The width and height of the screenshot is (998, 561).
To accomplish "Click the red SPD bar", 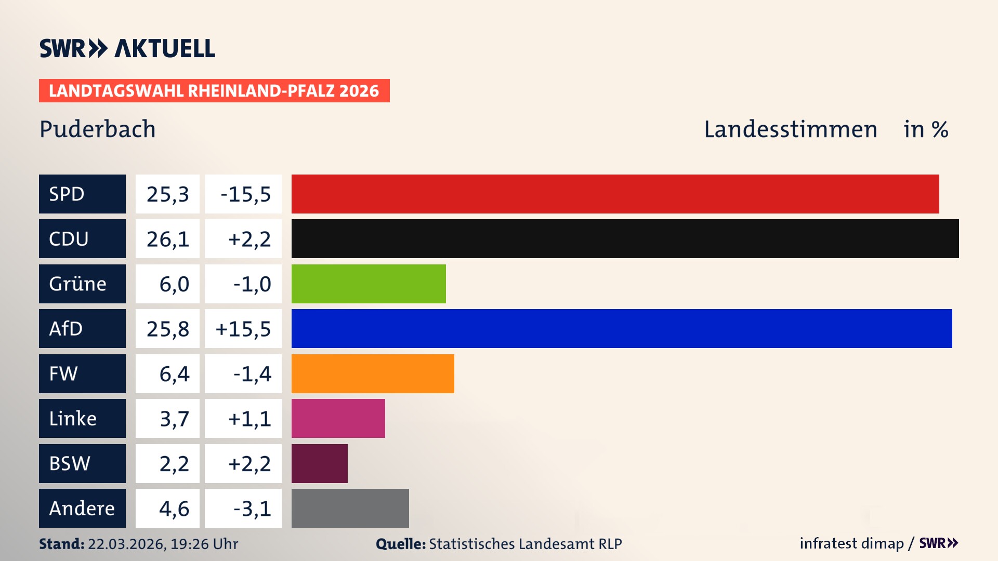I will click(x=615, y=194).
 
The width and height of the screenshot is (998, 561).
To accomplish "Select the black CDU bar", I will click(x=625, y=238).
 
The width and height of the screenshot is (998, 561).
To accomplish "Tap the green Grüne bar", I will click(x=369, y=284).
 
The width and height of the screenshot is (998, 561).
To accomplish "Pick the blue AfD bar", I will click(x=622, y=328).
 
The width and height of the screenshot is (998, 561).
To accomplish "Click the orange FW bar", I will click(x=373, y=373).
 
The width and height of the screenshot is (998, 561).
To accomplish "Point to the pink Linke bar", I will click(x=338, y=418).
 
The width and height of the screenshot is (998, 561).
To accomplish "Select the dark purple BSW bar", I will click(x=319, y=463).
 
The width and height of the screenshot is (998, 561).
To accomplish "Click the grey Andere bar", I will click(x=350, y=508).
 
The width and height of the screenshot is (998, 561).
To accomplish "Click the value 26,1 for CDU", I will click(x=167, y=239).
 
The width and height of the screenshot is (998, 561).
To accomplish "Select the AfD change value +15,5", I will click(x=243, y=329).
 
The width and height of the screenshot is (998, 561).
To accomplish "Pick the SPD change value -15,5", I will click(x=245, y=194).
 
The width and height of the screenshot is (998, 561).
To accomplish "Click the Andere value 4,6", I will click(x=174, y=509).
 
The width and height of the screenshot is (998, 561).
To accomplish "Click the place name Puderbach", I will click(x=97, y=129).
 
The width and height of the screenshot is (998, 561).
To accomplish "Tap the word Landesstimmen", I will click(x=790, y=129).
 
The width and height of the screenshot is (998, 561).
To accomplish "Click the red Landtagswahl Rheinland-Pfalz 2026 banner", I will click(x=214, y=90).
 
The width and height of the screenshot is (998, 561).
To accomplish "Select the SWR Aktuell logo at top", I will click(x=127, y=48).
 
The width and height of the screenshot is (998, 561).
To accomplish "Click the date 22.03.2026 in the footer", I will click(x=126, y=544).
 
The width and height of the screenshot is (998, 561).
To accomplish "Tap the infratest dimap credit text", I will click(x=851, y=543).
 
